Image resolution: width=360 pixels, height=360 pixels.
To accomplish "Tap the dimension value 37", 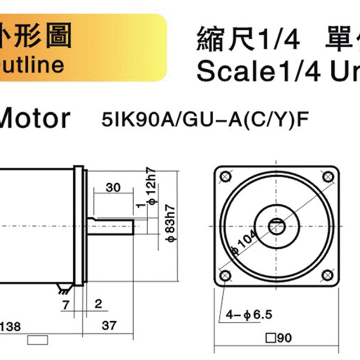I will coord(109,325).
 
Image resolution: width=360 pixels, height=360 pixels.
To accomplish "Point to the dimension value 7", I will coord(66,304).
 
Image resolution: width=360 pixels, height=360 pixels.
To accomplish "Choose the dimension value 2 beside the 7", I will coord(98,304).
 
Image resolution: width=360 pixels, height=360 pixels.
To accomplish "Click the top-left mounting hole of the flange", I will coord(225,177).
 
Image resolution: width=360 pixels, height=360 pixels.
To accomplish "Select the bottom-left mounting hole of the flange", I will coord(225,275).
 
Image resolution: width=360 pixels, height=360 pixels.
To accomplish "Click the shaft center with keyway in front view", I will coord(276,226).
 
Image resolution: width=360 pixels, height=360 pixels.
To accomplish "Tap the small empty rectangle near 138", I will coord(38,340).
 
